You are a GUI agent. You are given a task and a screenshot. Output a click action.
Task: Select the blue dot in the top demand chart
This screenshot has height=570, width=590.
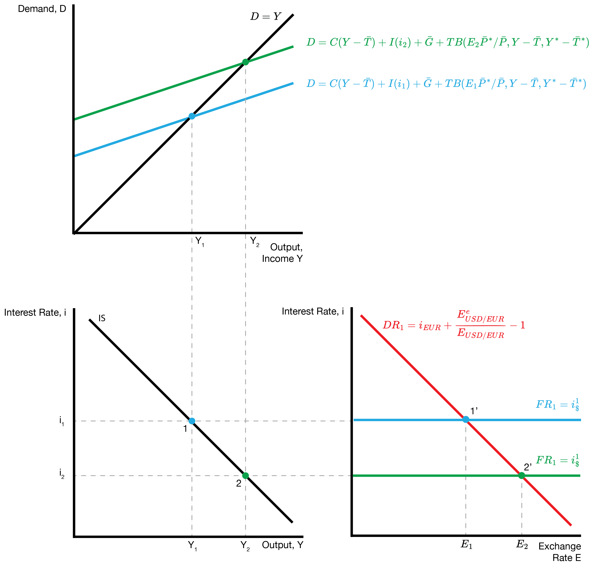point(192,116)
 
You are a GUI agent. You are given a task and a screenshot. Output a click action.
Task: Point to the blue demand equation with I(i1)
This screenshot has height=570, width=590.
point(446,83)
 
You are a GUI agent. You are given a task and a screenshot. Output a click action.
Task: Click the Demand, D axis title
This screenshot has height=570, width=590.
point(42,9)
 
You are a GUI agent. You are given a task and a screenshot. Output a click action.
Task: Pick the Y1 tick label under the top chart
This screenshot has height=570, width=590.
point(199,241)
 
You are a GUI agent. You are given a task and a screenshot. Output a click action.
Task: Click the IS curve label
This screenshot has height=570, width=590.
point(102,318)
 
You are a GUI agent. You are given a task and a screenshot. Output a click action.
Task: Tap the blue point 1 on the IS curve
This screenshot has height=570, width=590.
point(192,421)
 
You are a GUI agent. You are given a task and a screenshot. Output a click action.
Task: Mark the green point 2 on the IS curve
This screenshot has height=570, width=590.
point(246,476)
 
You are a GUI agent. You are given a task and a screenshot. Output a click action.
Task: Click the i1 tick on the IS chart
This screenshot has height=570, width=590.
point(62,421)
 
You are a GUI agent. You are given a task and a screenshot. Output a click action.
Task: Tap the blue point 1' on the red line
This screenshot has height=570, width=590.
point(466,419)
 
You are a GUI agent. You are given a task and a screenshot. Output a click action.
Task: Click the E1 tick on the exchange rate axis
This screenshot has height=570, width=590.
point(466,544)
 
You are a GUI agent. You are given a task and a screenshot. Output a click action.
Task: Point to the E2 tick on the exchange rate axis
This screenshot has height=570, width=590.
point(522,544)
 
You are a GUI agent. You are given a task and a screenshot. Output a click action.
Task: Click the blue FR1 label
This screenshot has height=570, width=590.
point(557,404)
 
